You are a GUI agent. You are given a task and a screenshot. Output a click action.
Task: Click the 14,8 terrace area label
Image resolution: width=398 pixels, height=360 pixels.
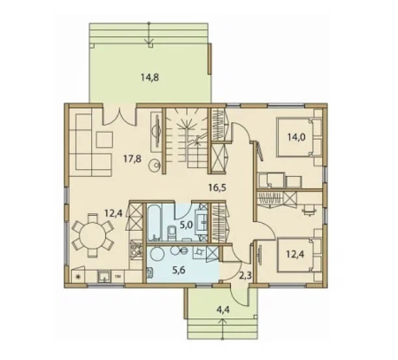149,78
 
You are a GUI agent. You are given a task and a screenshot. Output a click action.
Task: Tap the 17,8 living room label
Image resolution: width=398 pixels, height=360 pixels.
132,159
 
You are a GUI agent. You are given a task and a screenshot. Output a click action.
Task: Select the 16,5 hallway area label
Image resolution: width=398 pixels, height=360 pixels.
218,188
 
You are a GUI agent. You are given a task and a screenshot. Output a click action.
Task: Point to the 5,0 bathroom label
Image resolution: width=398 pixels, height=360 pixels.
186,226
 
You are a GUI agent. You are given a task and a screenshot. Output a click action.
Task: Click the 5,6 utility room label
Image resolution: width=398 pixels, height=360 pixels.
179,270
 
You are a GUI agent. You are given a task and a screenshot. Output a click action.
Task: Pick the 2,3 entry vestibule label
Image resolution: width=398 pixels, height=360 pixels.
245,275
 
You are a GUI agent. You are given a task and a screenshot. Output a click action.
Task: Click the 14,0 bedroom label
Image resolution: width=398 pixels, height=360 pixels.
296,137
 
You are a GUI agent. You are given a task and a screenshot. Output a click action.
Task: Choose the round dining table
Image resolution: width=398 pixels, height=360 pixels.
93,235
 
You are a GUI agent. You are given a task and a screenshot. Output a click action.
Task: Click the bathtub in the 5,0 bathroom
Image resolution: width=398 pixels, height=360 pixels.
155,223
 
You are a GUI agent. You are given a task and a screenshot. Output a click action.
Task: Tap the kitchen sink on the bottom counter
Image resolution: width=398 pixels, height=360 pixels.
103,277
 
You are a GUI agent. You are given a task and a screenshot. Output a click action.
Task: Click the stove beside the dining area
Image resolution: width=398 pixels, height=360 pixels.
135,249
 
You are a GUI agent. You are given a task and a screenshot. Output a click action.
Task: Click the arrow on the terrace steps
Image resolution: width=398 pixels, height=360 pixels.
149,34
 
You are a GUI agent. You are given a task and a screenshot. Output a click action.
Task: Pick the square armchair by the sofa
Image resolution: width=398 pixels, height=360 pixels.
105,140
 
